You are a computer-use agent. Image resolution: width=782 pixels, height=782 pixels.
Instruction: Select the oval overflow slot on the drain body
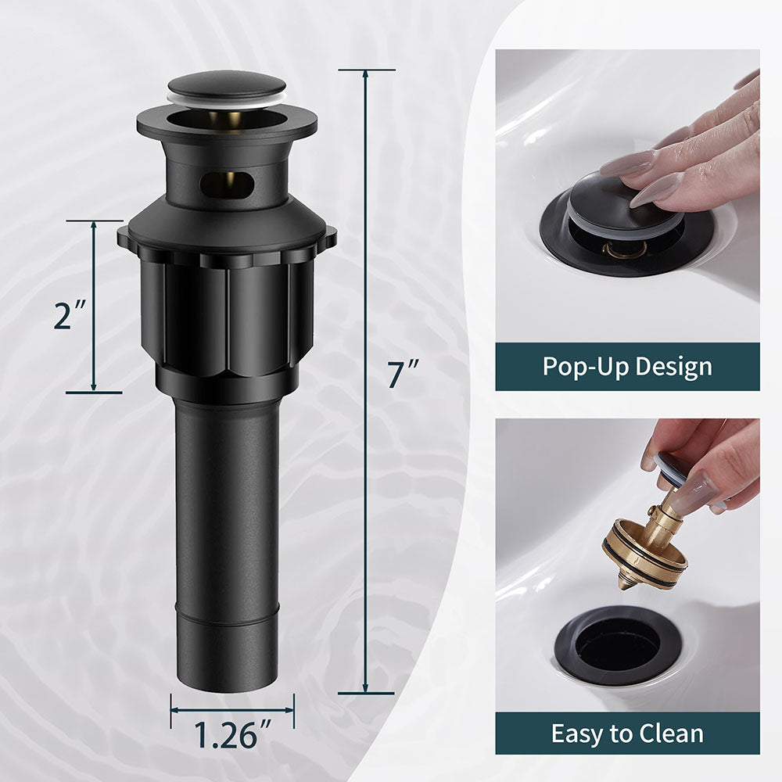(228, 185)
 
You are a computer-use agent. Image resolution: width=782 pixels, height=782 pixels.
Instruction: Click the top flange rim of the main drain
(227, 125)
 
